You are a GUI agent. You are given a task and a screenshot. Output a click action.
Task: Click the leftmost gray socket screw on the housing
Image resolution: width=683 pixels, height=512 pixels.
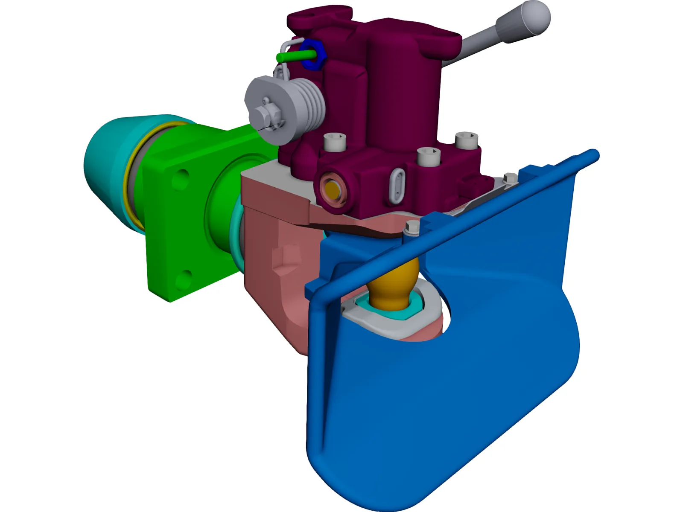(334, 141)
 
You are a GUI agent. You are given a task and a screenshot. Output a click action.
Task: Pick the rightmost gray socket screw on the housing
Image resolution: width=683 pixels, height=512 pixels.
(466, 140)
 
